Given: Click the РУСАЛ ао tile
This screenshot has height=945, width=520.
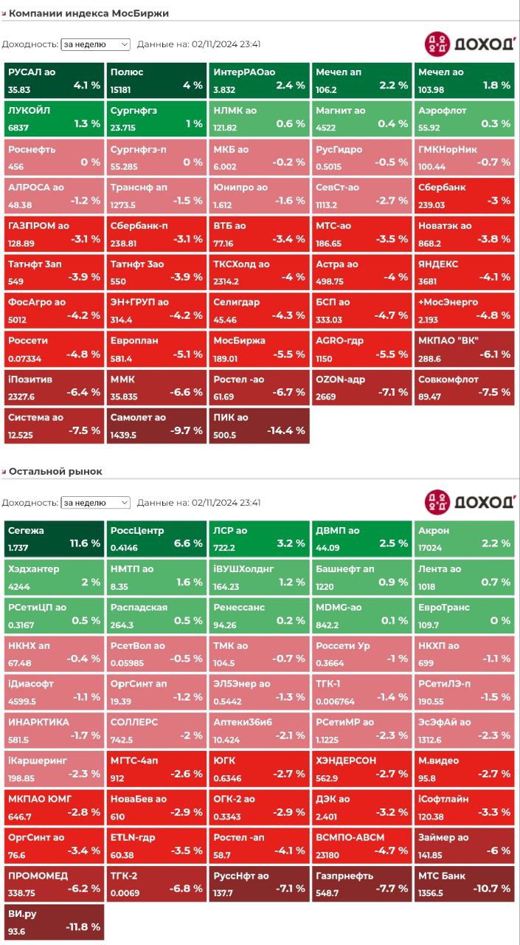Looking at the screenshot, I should [54, 79].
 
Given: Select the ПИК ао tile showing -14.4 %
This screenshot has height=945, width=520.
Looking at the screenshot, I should [259, 425].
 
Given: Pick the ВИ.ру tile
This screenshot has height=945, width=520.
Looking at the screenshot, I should [54, 921].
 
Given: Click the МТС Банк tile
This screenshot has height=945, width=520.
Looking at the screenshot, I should [464, 882].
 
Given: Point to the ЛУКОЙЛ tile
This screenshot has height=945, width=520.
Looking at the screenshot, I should [54, 117].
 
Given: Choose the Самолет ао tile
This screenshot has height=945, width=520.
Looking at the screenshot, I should [156, 425].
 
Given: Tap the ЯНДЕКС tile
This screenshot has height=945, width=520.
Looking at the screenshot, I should [464, 271].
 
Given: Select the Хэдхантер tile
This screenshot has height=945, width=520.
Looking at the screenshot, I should [54, 575].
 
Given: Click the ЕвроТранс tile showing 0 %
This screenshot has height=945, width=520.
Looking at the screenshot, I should [464, 614].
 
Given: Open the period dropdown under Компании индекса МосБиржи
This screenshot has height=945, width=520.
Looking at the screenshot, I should [95, 44].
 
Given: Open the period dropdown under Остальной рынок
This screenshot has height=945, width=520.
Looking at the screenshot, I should [95, 503].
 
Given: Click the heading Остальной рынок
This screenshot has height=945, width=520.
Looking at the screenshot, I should [55, 471].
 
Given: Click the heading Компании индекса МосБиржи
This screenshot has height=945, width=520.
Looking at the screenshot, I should [89, 13].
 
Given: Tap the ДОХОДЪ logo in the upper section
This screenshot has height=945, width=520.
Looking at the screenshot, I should [470, 44].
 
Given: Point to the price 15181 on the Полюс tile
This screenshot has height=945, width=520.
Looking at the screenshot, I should [121, 90].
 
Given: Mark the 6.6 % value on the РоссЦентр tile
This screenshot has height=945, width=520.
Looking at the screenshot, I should [187, 543].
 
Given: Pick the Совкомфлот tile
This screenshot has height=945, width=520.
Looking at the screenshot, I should [464, 386].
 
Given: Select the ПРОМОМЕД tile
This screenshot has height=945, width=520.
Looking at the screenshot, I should [54, 882].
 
